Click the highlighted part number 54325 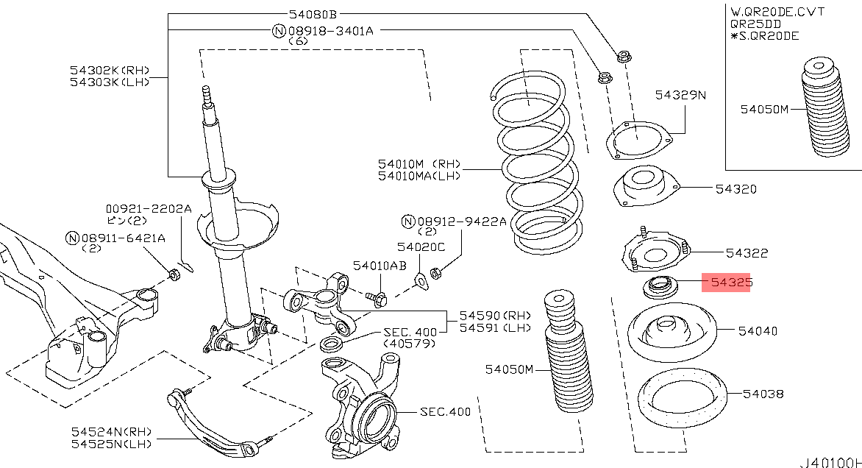726,282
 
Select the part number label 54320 735,189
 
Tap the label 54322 747,253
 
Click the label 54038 763,394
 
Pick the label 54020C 421,247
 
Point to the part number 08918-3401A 330,31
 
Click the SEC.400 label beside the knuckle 445,412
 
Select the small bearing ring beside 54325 659,286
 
